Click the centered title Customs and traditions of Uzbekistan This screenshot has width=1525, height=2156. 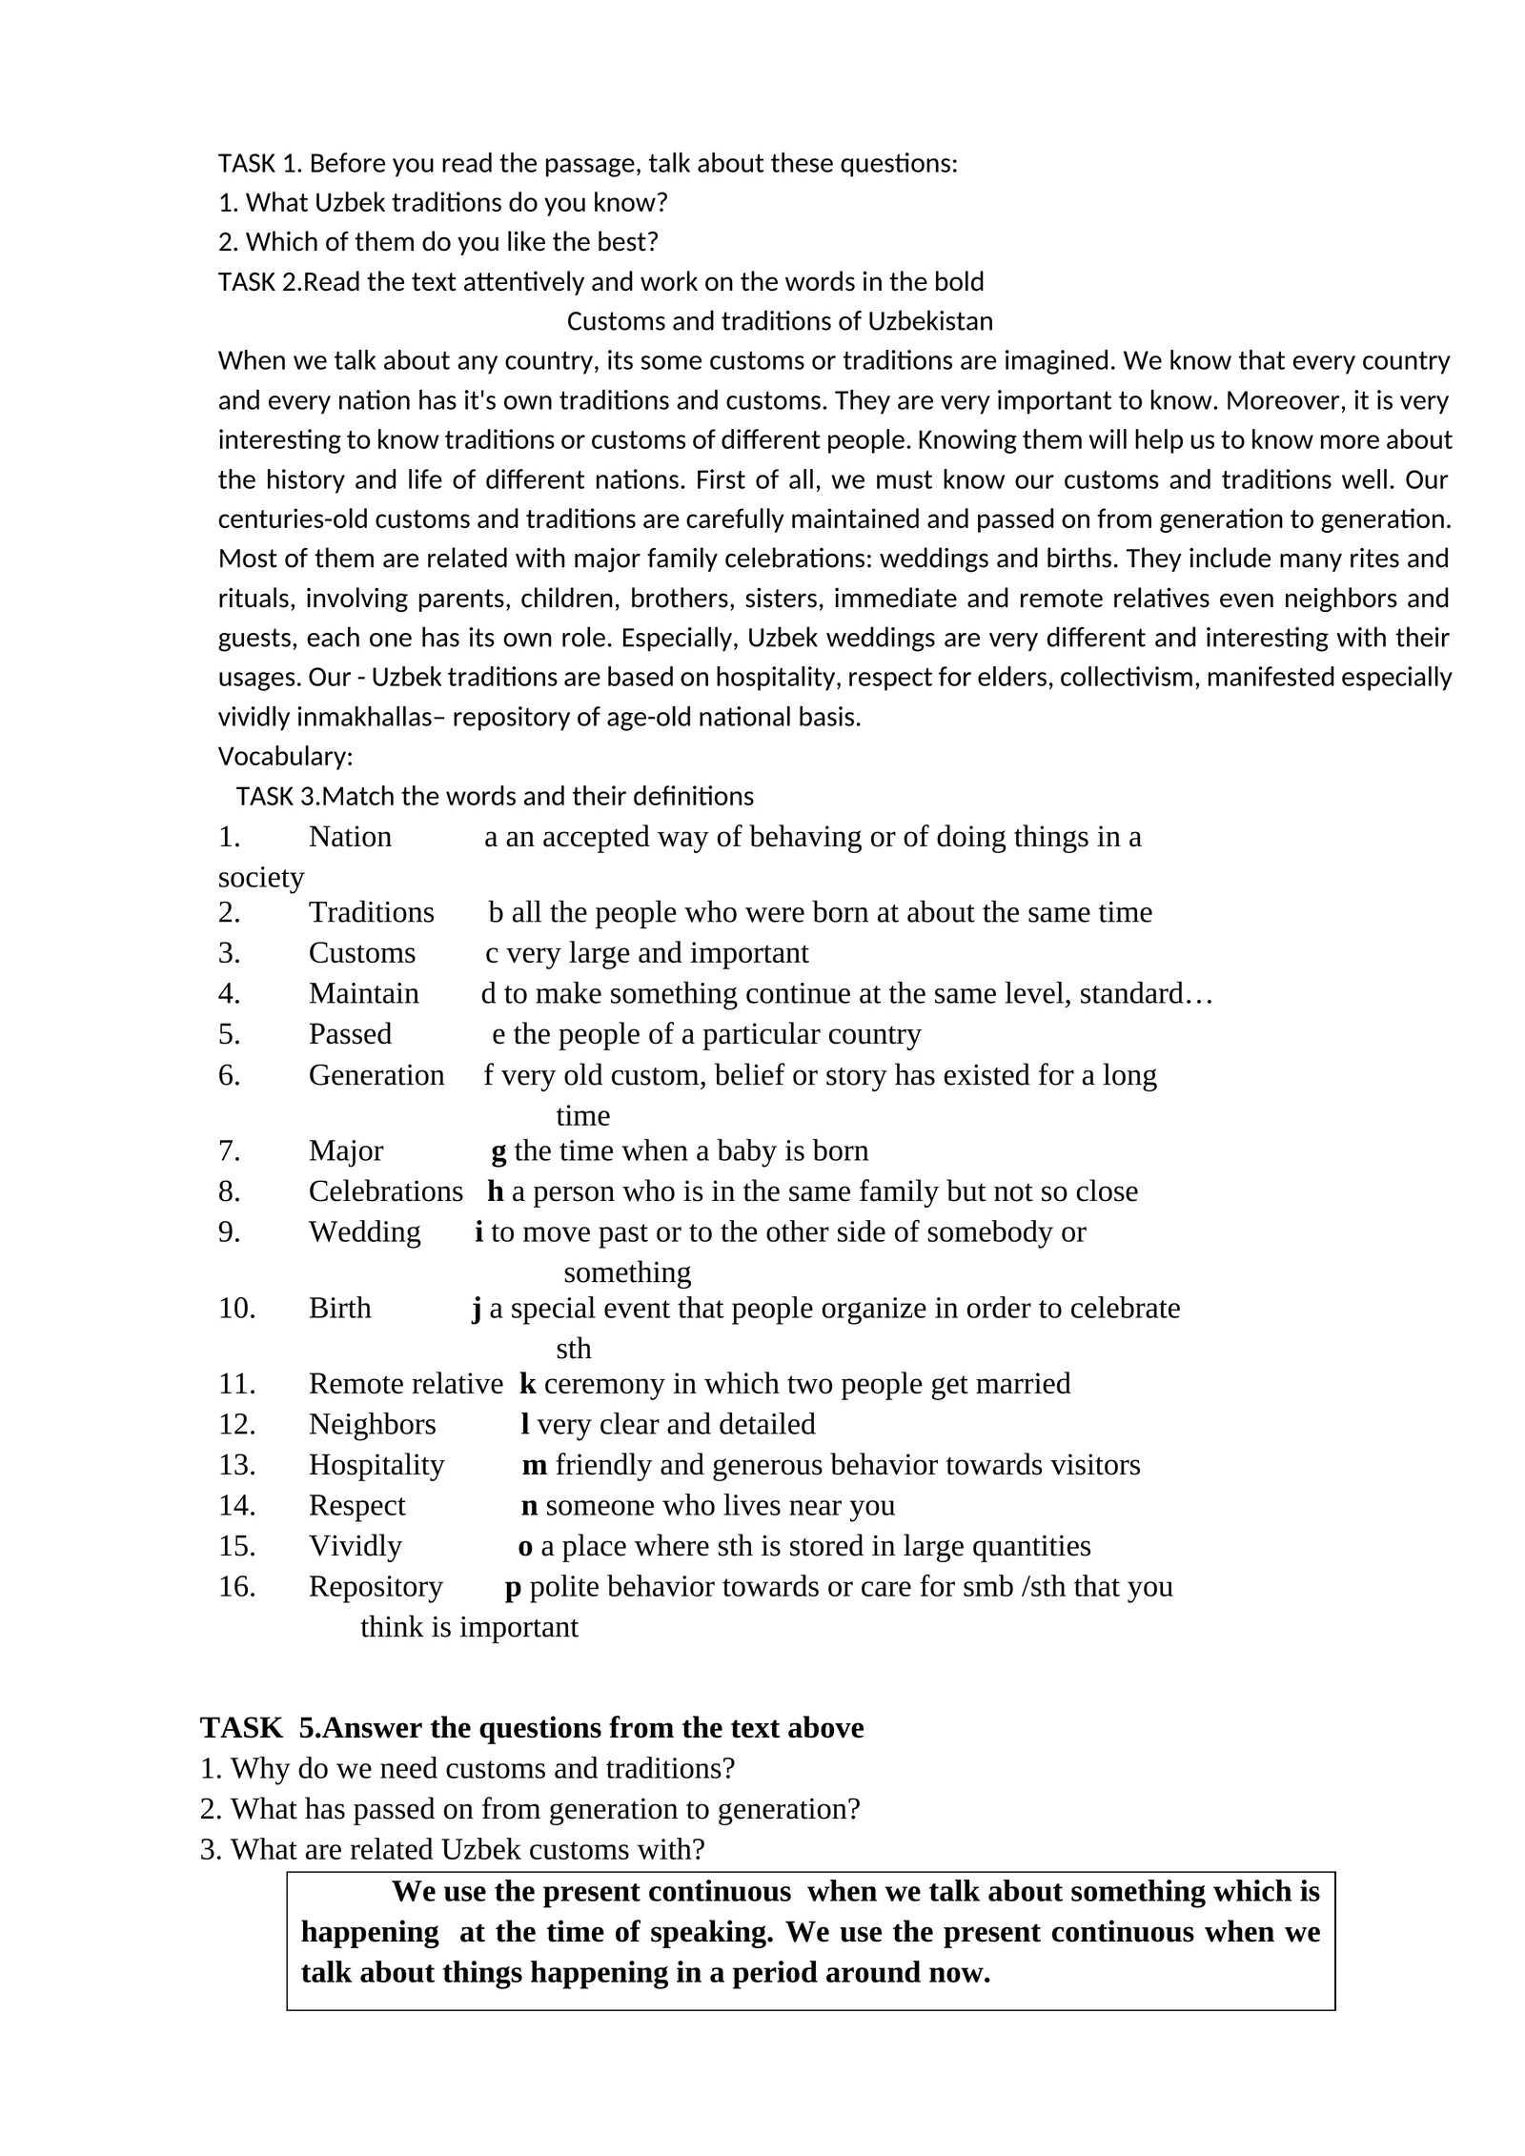tap(779, 321)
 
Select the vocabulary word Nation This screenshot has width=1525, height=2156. tap(350, 836)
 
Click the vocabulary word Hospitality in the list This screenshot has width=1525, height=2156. tap(376, 1463)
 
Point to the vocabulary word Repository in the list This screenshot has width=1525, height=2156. tap(375, 1585)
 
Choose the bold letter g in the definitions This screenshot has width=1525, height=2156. tap(498, 1151)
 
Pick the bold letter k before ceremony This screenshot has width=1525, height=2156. tap(527, 1383)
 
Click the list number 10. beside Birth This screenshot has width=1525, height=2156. tap(236, 1308)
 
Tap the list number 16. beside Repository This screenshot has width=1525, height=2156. tap(236, 1585)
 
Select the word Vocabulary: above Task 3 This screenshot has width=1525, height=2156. tap(285, 756)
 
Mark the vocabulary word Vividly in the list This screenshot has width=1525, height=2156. tap(355, 1545)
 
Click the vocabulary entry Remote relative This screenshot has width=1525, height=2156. tap(405, 1383)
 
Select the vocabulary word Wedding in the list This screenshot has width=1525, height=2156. tap(364, 1231)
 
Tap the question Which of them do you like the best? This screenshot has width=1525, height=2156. tap(438, 242)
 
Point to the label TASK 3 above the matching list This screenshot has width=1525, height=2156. tap(277, 796)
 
